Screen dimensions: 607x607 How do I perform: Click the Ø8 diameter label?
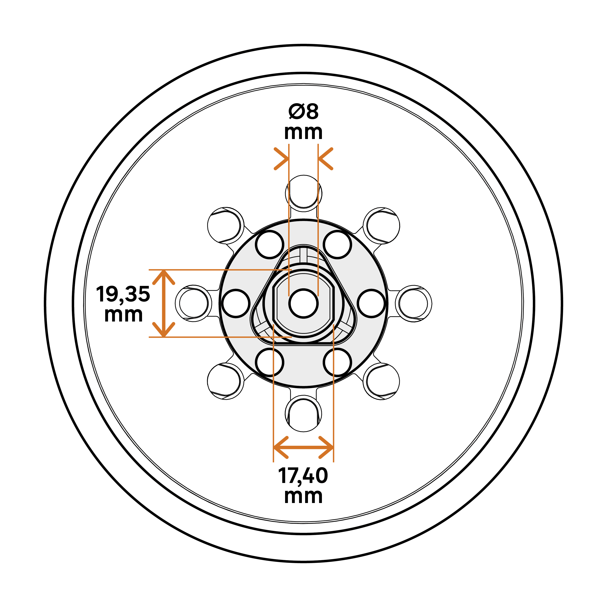tap(303, 112)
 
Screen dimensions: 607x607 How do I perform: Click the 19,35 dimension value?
tap(123, 294)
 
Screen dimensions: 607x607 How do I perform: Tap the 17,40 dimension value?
tap(303, 476)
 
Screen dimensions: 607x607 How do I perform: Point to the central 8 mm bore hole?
tap(303, 303)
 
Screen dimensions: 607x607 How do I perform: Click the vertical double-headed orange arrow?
tap(163, 303)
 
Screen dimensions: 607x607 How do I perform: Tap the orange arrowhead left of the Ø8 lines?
tap(281, 159)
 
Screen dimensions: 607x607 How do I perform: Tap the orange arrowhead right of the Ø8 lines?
tap(326, 159)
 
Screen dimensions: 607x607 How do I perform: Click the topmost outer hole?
tap(303, 192)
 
